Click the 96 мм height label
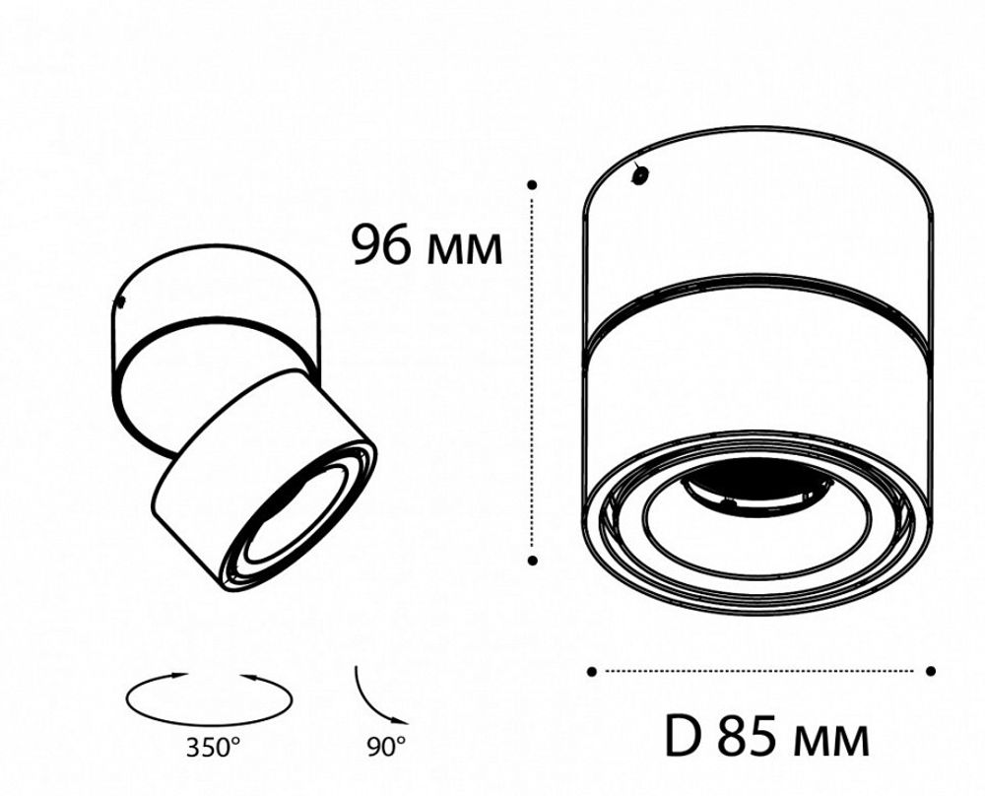(x=427, y=246)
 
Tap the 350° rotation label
(x=210, y=747)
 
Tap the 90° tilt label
(x=386, y=747)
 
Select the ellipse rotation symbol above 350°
(x=209, y=697)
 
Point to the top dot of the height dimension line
(x=532, y=184)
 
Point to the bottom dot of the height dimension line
(x=532, y=560)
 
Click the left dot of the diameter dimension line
(x=591, y=672)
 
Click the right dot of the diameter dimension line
(x=931, y=672)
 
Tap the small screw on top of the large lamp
(x=639, y=174)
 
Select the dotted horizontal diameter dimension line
(x=760, y=672)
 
